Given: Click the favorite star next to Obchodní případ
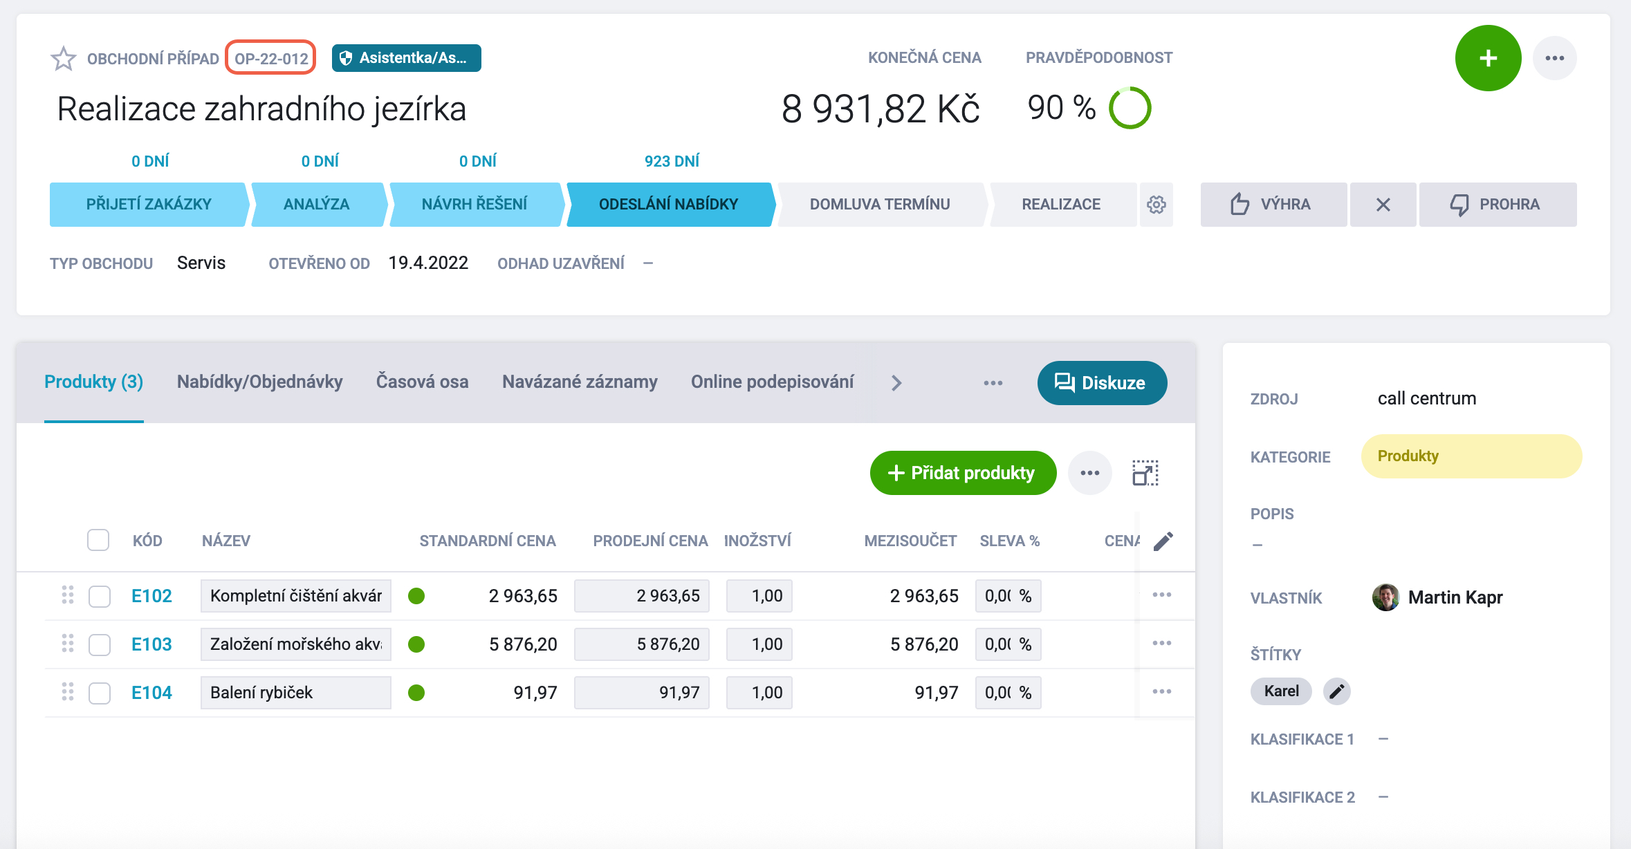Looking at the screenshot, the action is (64, 59).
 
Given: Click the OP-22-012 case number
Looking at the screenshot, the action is (271, 58).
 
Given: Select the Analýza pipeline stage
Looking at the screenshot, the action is (317, 205).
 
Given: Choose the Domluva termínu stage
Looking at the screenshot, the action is (880, 205).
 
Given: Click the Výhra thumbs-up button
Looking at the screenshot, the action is (1273, 205).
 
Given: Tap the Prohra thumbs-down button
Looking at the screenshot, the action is (1498, 205).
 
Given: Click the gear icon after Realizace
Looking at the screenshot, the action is (1157, 205).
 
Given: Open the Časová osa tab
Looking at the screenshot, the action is (422, 382).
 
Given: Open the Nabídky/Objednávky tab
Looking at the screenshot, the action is (259, 382).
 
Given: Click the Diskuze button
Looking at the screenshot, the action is (1102, 383).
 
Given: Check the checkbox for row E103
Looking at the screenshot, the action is (100, 644).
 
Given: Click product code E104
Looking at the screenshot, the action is (151, 693).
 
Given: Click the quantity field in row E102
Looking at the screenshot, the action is (759, 596).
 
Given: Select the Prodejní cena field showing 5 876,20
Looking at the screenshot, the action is (642, 644).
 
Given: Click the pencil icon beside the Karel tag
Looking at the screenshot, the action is (1336, 691).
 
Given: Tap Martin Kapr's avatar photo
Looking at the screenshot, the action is (1385, 597).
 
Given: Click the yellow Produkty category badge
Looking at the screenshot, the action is (1471, 456).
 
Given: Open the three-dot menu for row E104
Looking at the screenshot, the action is (1162, 692).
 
